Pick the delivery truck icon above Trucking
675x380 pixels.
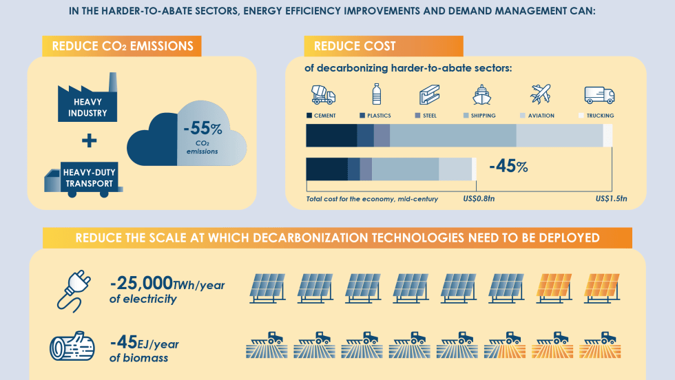[x=599, y=94]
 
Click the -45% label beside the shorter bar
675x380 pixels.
[x=508, y=167]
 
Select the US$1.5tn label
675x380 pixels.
[x=611, y=199]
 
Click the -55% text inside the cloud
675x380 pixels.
[x=202, y=129]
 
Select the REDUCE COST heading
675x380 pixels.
[x=355, y=46]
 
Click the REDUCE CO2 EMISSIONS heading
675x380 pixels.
[x=122, y=46]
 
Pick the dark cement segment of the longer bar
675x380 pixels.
[x=331, y=136]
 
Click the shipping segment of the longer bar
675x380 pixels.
[x=453, y=136]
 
